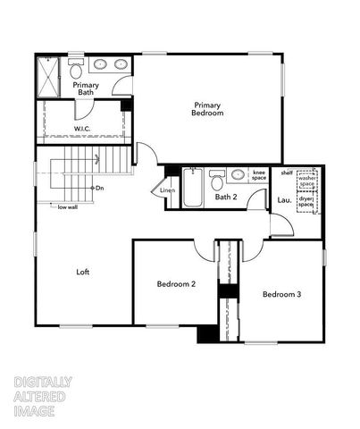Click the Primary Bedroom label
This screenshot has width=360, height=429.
point(207,109)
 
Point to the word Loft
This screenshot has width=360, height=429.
point(82,272)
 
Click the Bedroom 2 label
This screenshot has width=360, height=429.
point(176,284)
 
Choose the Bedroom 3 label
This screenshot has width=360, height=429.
point(281,293)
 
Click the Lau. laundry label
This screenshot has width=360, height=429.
point(283,198)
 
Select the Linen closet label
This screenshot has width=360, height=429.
point(167,190)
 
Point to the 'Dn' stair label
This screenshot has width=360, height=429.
point(99,188)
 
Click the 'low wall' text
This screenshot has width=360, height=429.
point(68,207)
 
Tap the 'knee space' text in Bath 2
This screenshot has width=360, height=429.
point(259,175)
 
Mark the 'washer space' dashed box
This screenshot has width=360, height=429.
point(308,181)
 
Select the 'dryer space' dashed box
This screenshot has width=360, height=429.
point(308,204)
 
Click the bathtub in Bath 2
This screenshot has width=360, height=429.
point(194,188)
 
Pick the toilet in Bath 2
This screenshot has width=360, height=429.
point(216,181)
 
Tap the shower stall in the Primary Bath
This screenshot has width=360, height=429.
point(48,77)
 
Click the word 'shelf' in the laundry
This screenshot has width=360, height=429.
point(286,172)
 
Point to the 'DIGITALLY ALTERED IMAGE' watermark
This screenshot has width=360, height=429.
point(43,396)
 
